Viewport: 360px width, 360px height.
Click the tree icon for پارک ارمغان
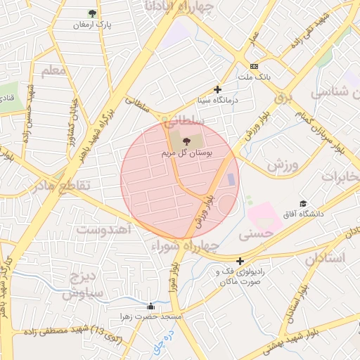(x=93, y=13)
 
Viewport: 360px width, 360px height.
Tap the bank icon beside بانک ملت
(x=254, y=66)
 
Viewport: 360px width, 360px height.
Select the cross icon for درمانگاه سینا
(x=218, y=89)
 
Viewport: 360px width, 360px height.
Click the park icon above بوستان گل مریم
(x=186, y=142)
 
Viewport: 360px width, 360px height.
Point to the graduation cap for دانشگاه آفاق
(x=303, y=203)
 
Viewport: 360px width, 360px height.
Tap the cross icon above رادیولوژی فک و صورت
(x=240, y=261)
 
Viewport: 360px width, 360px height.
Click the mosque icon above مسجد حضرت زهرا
(x=150, y=307)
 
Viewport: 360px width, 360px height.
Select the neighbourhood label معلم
(x=53, y=71)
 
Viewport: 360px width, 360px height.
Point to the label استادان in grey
(x=325, y=259)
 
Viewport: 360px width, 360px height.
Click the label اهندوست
(x=103, y=229)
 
